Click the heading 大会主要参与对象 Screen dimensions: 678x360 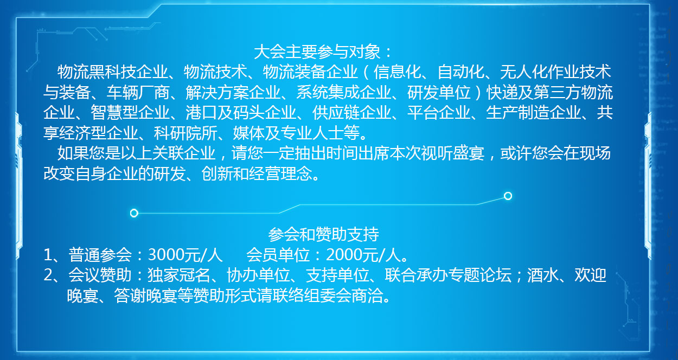(317, 52)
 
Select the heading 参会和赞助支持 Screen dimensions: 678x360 (324, 234)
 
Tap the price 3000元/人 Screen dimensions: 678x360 (186, 255)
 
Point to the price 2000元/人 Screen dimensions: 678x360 (363, 255)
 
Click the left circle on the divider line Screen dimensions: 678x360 (134, 213)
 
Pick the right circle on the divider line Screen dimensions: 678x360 (508, 196)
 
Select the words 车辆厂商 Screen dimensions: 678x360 (138, 92)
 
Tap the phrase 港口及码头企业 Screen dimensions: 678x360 (241, 113)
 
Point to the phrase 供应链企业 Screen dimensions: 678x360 (351, 113)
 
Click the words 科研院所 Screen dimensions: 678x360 (186, 133)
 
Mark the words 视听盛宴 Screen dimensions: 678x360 (452, 153)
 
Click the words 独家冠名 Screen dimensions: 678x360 (178, 275)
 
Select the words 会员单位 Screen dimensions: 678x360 (278, 255)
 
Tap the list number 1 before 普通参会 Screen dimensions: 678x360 (48, 255)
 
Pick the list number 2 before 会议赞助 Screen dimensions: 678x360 (48, 275)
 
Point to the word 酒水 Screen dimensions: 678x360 (543, 275)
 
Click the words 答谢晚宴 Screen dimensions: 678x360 (145, 295)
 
